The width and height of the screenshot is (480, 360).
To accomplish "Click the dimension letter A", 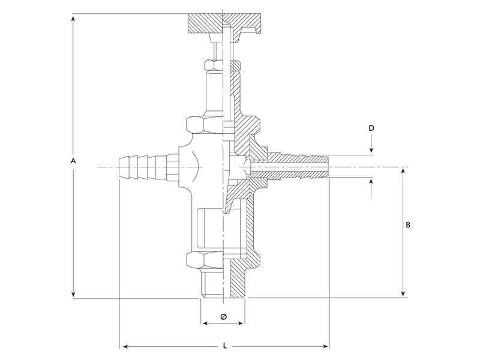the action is pyautogui.click(x=73, y=161).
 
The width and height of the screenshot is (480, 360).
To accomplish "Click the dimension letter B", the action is pyautogui.click(x=408, y=225).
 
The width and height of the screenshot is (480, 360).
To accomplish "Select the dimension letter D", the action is pyautogui.click(x=371, y=128).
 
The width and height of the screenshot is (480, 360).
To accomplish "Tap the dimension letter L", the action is pyautogui.click(x=225, y=346).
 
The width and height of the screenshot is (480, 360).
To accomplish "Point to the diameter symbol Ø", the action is pyautogui.click(x=223, y=317).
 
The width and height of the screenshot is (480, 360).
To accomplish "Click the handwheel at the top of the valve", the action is pyautogui.click(x=224, y=24).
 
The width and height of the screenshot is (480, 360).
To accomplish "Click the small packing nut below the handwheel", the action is pyautogui.click(x=214, y=65).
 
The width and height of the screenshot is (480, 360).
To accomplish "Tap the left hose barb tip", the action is pyautogui.click(x=119, y=167).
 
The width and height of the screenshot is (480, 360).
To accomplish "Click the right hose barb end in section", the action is pyautogui.click(x=327, y=167).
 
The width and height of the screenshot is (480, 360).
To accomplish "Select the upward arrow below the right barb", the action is pyautogui.click(x=371, y=188).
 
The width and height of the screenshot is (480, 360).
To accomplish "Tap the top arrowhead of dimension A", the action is pyautogui.click(x=73, y=19).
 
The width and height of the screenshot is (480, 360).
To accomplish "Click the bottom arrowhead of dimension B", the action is pyautogui.click(x=403, y=293).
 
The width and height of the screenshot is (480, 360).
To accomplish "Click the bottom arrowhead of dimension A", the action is pyautogui.click(x=73, y=293).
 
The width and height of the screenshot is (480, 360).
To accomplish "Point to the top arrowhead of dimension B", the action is pyautogui.click(x=403, y=172).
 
